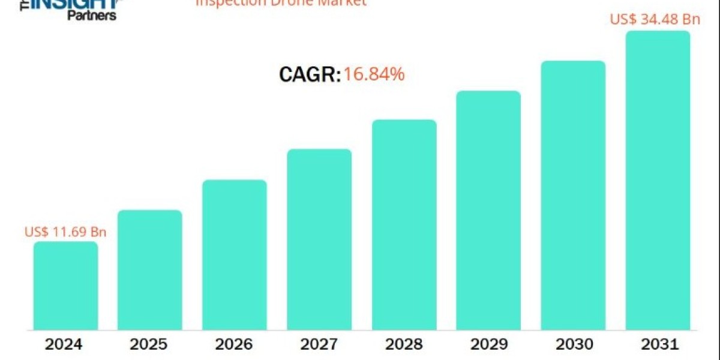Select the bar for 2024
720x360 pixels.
click(65, 286)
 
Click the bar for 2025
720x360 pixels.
click(149, 270)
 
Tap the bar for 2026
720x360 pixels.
click(235, 255)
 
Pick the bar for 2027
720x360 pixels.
click(319, 239)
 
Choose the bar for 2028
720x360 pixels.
click(404, 225)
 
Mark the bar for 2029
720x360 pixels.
click(488, 211)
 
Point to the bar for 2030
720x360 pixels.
click(573, 196)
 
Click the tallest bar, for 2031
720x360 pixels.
click(658, 181)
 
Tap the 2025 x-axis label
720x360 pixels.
click(149, 344)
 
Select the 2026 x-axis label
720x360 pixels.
click(235, 344)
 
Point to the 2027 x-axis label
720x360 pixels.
click(319, 344)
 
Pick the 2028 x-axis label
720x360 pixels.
click(404, 344)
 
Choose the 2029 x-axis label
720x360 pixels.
click(488, 344)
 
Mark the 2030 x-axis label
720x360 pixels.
click(573, 344)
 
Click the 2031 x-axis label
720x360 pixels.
click(658, 344)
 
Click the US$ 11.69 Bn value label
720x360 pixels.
click(65, 232)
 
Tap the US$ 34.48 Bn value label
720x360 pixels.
click(655, 19)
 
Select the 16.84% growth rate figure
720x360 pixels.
click(374, 74)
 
